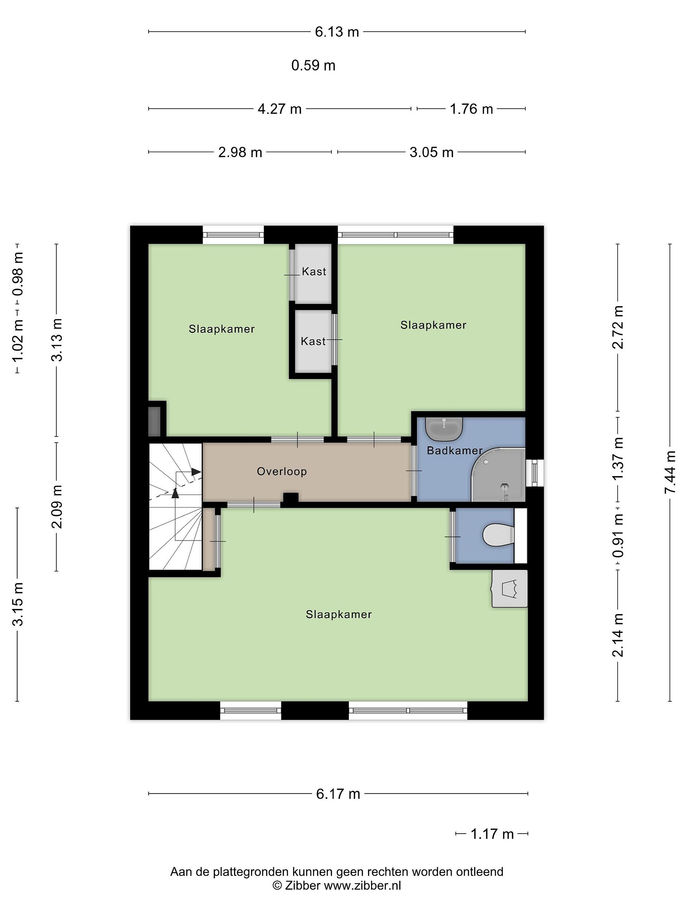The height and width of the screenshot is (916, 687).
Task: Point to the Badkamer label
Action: tap(455, 451)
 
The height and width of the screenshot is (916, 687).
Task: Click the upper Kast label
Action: tap(314, 272)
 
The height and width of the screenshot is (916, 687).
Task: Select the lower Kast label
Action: tap(313, 341)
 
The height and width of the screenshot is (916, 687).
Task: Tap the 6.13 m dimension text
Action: tap(337, 32)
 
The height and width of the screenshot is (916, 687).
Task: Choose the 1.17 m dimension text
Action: tap(492, 834)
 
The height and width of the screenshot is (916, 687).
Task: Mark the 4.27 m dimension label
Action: tap(280, 109)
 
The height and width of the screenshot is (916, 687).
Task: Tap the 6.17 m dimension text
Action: tap(338, 794)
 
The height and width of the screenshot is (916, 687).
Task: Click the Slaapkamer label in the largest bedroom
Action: tap(339, 614)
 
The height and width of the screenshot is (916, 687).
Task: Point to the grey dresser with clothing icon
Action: tap(509, 588)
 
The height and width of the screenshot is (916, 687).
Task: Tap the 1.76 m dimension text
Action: tap(471, 109)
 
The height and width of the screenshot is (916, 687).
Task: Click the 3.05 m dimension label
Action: tap(432, 152)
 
